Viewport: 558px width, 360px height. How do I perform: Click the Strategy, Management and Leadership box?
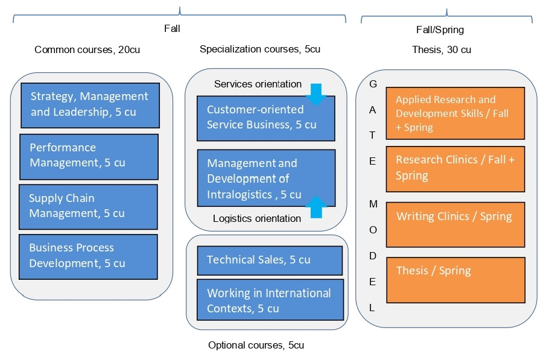(90, 105)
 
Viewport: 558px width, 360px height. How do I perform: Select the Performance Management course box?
(89, 156)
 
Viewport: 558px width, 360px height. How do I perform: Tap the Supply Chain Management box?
(88, 206)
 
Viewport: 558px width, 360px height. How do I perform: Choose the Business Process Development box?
(88, 256)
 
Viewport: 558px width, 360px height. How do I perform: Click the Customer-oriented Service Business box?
(265, 118)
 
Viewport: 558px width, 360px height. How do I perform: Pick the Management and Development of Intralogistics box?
(265, 178)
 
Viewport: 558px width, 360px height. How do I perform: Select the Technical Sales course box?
(270, 260)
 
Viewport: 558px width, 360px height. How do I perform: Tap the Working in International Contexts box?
(270, 301)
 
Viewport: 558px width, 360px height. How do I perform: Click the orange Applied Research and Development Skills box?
(455, 113)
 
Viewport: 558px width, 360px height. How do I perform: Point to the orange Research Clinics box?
(455, 168)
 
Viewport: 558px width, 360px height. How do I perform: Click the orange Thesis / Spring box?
(455, 280)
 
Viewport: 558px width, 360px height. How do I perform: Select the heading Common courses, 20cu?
(87, 50)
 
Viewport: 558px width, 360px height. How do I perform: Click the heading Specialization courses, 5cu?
(260, 49)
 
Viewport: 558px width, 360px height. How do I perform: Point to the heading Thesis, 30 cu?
(442, 50)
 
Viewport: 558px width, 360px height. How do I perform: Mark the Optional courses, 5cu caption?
(256, 346)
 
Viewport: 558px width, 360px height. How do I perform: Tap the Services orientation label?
(258, 84)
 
